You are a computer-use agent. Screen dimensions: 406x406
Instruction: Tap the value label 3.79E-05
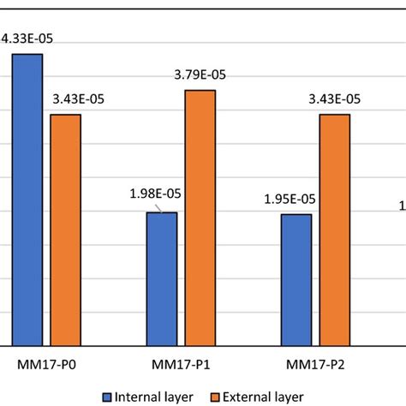tap(201, 75)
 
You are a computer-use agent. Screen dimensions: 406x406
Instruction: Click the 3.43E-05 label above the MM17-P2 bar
tap(336, 99)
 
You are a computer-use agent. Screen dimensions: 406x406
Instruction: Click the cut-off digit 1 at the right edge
tap(402, 205)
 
